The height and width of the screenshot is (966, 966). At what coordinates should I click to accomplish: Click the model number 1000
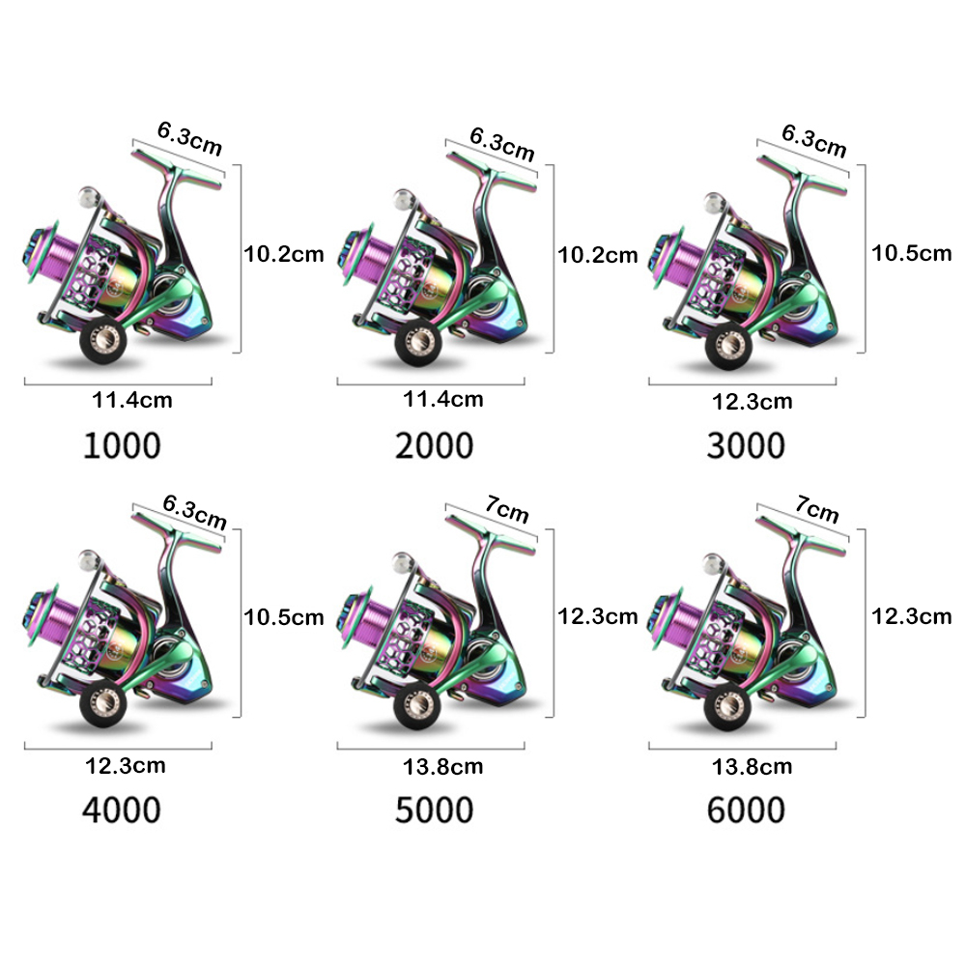click(x=122, y=445)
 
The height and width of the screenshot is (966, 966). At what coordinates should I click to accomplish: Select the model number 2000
click(x=434, y=445)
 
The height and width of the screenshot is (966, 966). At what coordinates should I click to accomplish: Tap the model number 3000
click(x=746, y=445)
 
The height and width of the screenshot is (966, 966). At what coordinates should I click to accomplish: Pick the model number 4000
click(x=122, y=809)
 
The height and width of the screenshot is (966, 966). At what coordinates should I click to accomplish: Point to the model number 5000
click(x=434, y=809)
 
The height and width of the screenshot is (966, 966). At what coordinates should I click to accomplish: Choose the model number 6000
click(x=746, y=809)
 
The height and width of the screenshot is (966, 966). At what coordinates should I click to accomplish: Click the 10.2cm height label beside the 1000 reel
click(x=283, y=254)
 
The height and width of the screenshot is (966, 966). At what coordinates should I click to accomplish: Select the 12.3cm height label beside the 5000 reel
click(x=597, y=615)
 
